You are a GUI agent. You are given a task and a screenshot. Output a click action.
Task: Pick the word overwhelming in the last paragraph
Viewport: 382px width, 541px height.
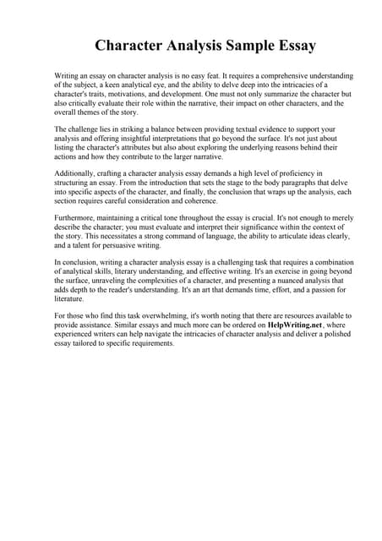pyautogui.click(x=166, y=315)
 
